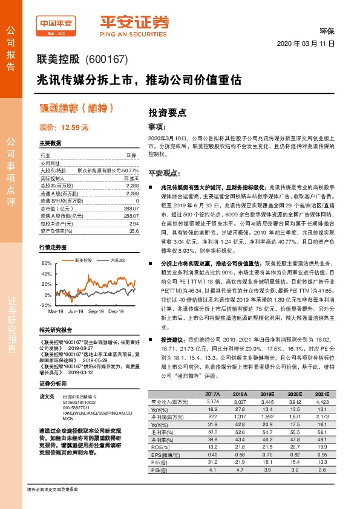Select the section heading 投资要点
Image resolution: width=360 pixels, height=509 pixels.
(x=167, y=112)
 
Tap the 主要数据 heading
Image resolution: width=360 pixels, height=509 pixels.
(x=50, y=143)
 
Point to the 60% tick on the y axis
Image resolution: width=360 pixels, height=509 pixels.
(x=47, y=264)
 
